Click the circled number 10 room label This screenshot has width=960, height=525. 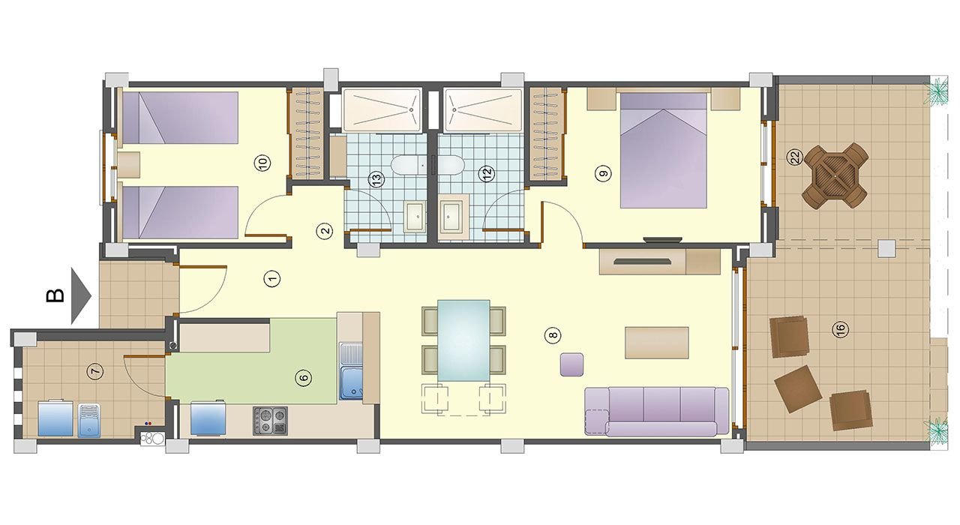(x=262, y=163)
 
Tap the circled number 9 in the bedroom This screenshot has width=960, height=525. (x=604, y=173)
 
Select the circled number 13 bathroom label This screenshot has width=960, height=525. (x=376, y=179)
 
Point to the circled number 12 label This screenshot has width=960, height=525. (x=487, y=173)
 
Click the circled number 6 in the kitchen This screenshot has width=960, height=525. (x=304, y=378)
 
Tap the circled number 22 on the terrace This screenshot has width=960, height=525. (x=795, y=157)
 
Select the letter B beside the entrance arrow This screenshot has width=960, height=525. (x=55, y=295)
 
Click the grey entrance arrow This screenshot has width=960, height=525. (x=79, y=296)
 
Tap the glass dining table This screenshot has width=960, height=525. (x=463, y=340)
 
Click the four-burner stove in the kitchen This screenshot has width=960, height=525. (x=270, y=421)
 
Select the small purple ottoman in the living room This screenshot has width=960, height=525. (x=571, y=364)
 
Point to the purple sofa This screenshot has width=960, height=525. (x=656, y=412)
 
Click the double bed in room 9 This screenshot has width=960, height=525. (x=664, y=151)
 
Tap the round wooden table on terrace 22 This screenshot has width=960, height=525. (x=835, y=176)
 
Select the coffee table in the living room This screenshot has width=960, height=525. (x=656, y=343)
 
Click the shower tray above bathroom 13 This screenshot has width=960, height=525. (x=382, y=110)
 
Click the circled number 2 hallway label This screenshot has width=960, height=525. (x=325, y=232)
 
